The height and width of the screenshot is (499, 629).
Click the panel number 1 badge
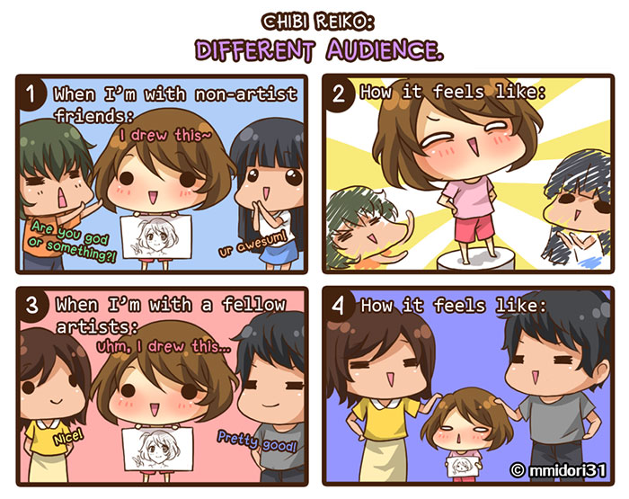point(31,94)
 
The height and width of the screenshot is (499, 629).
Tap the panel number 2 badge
point(338,94)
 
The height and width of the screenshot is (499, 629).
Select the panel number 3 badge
point(32,305)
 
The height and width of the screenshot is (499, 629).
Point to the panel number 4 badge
point(338,305)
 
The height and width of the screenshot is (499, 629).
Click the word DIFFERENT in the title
point(254,50)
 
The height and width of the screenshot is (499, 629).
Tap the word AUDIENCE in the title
point(385,49)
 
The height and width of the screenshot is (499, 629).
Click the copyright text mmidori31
point(558,469)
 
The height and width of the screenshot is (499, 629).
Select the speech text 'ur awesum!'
point(252,244)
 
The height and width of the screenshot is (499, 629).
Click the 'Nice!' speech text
point(68,436)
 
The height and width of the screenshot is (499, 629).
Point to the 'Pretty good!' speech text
point(257,441)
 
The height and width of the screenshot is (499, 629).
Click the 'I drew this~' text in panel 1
point(165,135)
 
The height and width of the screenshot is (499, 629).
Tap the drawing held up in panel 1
point(156,236)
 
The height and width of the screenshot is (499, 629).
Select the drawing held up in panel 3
point(157,449)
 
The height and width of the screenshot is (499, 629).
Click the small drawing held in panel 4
point(464,467)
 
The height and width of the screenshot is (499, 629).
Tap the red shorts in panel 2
point(474,228)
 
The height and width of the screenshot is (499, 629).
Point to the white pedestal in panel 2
point(475,260)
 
